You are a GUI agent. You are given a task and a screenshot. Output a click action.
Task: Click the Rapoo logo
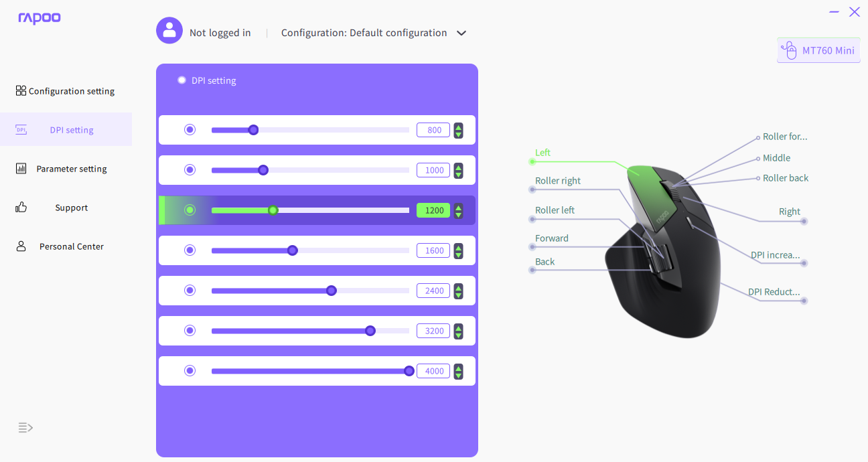coord(40,18)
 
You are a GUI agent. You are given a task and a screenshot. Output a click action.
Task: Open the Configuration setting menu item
coord(65,91)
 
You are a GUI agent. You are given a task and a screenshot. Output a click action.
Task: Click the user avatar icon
coord(169,30)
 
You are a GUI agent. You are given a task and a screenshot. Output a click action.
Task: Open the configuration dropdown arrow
coord(461,33)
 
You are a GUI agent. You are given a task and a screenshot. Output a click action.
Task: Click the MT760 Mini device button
coord(818,50)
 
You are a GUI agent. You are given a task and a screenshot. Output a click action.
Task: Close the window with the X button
coord(855,12)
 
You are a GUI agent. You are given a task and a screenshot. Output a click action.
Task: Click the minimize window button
coord(834,12)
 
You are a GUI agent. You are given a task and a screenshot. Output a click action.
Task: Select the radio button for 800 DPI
coord(190,130)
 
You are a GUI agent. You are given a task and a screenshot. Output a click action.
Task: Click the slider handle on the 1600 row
coord(293,250)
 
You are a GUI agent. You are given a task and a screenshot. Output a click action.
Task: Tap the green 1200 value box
coord(433,210)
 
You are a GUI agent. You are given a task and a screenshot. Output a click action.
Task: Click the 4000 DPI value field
coord(433,371)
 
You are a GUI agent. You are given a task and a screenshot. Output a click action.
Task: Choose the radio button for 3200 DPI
coord(190,331)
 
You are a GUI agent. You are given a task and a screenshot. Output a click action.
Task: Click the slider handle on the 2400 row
coord(332,291)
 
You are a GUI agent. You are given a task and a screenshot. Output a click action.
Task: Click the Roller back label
coord(786,178)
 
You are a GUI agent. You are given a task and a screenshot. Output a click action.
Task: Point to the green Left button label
coord(542,153)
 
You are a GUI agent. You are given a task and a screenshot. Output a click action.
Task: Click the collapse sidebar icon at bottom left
coord(25,428)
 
